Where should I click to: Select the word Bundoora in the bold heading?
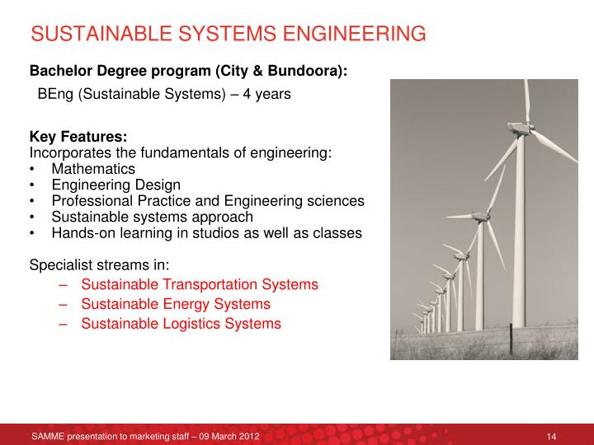(x=295, y=72)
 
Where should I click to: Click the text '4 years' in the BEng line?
(x=268, y=94)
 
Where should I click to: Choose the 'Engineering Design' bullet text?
(x=115, y=185)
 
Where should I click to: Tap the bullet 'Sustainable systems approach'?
(x=152, y=217)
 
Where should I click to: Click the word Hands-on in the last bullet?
(x=80, y=233)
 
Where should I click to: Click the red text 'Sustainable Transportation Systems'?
(x=199, y=284)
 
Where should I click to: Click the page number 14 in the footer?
(x=553, y=435)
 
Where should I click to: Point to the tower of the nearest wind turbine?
(x=520, y=247)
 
